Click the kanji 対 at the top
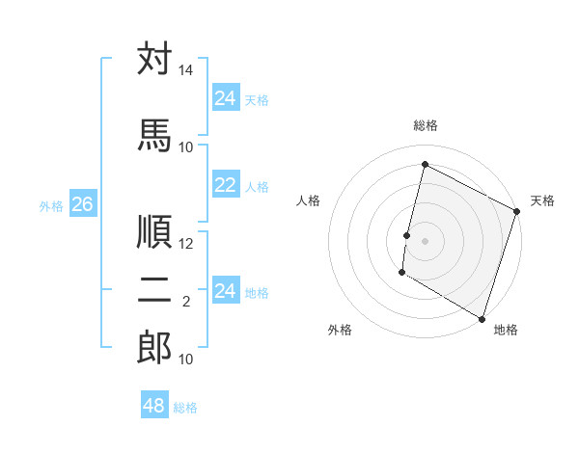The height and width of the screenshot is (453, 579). (154, 59)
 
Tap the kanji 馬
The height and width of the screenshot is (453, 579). (154, 135)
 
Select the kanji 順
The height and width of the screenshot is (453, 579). (154, 231)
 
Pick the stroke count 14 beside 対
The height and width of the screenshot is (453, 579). (185, 70)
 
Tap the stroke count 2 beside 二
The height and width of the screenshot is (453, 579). (185, 302)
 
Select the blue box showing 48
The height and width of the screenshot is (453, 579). (154, 406)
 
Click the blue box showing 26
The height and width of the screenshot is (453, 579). (82, 204)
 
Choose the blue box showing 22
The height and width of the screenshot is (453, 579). (226, 185)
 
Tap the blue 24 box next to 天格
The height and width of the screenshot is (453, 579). (226, 98)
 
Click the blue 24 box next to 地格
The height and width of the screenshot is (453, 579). (226, 291)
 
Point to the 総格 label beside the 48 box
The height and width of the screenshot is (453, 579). (185, 408)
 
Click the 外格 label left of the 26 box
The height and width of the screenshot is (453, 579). (51, 205)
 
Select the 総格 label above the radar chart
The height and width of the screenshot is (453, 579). (425, 125)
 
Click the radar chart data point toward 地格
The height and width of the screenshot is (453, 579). (481, 318)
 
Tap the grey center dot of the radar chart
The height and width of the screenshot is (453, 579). (425, 240)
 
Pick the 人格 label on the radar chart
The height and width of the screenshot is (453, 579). (309, 200)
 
